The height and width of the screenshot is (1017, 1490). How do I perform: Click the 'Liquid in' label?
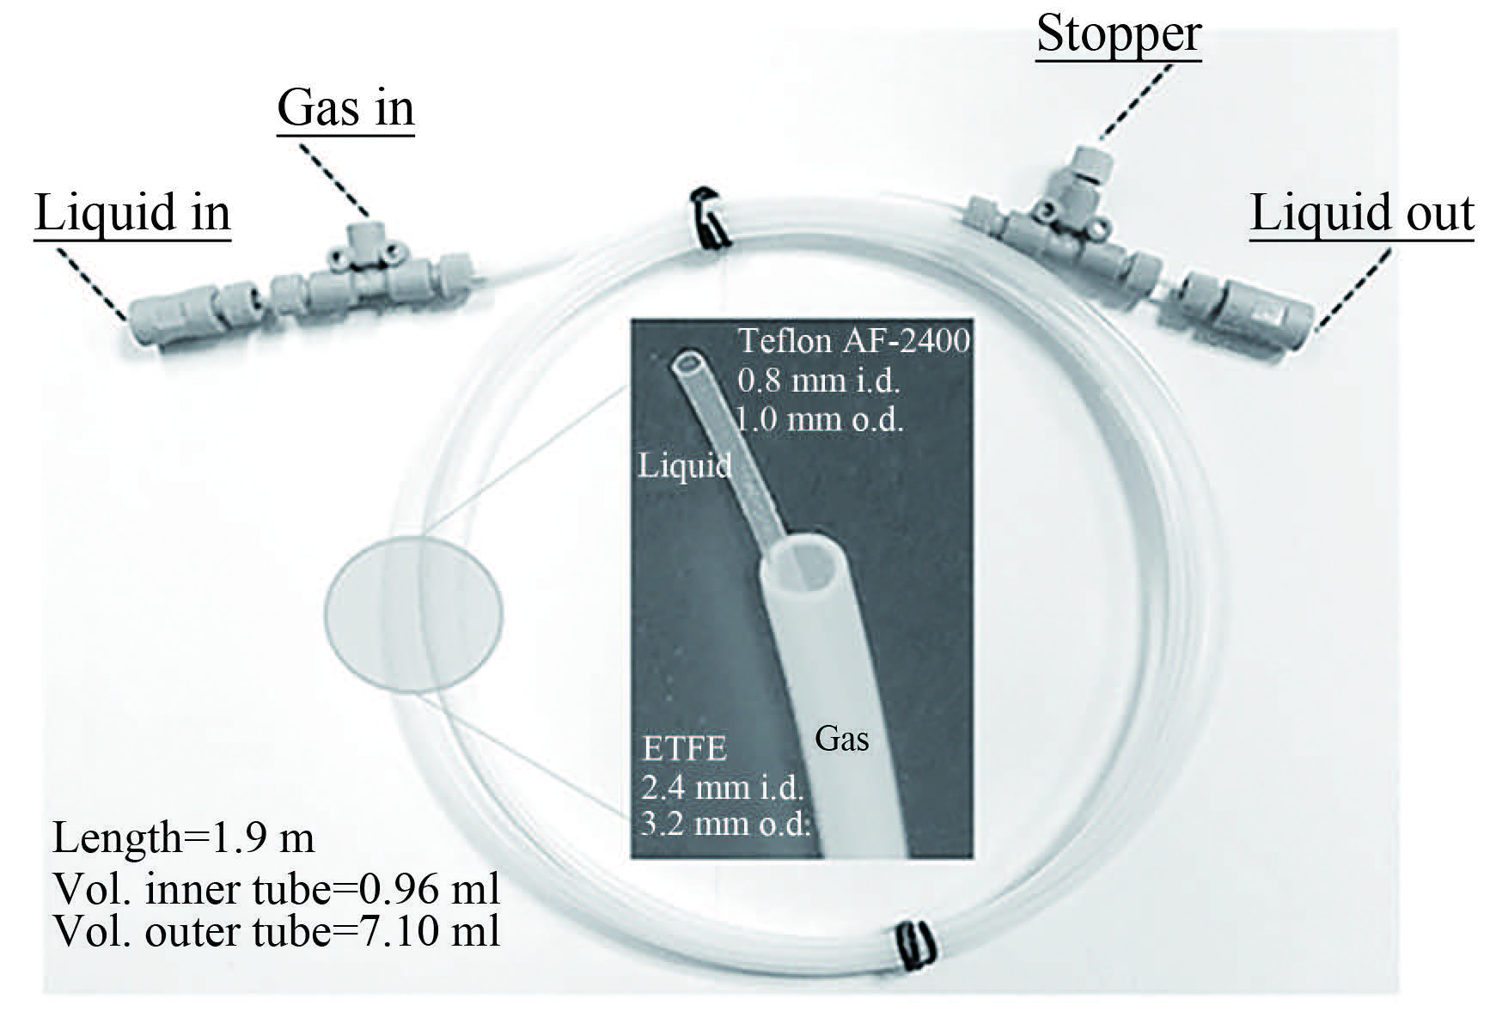132,213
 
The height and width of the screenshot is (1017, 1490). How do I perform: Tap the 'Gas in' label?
345,108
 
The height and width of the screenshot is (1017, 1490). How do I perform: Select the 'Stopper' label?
1118,34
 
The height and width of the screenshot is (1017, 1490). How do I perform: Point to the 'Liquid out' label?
1361,213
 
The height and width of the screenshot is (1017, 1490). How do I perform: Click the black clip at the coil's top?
710,220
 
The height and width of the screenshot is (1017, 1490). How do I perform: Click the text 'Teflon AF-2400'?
854,341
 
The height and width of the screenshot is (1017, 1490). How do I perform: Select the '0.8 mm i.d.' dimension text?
818,380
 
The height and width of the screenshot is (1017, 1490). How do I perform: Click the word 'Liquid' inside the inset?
684,466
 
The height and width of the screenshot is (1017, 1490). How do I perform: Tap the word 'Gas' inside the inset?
841,739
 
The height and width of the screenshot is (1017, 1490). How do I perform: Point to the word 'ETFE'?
684,749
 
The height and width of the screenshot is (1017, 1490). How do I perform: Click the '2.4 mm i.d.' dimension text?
722,787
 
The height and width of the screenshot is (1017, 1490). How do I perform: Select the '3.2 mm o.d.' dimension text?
725,824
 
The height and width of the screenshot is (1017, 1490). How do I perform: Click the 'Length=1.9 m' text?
183,838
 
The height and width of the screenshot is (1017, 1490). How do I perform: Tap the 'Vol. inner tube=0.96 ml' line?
276,889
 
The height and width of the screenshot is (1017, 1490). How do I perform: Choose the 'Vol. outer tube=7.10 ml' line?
276,931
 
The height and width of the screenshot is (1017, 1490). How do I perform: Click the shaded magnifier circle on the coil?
413,613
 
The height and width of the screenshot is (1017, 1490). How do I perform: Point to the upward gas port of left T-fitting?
358,234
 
